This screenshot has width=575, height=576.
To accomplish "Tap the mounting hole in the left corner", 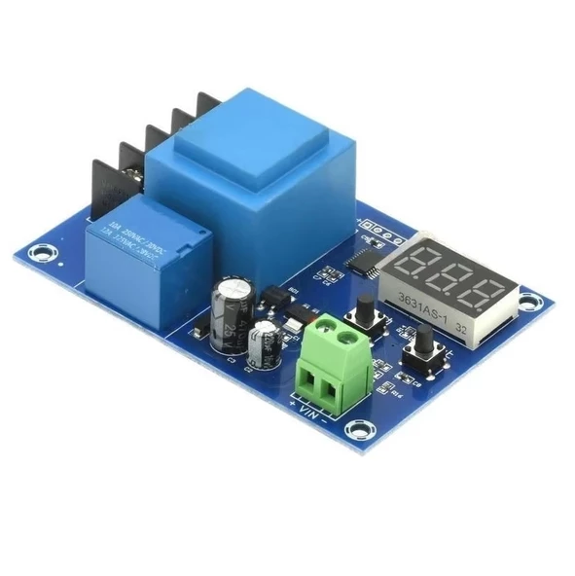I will (42, 254).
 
